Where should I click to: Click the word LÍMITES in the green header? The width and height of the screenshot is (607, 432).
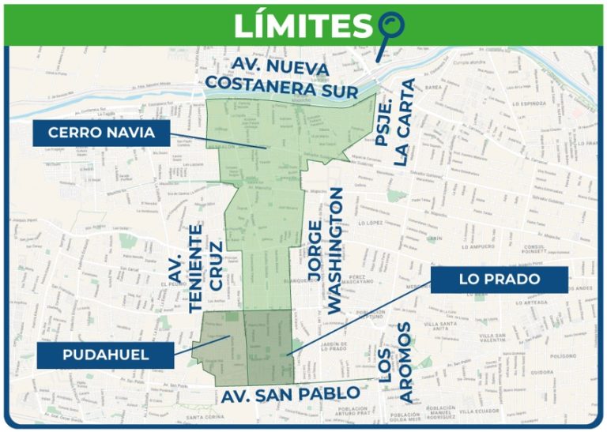point(303,26)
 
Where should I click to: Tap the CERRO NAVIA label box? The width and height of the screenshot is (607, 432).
point(101,132)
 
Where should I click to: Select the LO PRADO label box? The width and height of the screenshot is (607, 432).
point(500,280)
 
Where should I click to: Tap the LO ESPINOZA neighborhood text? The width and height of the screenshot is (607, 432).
point(530,103)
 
